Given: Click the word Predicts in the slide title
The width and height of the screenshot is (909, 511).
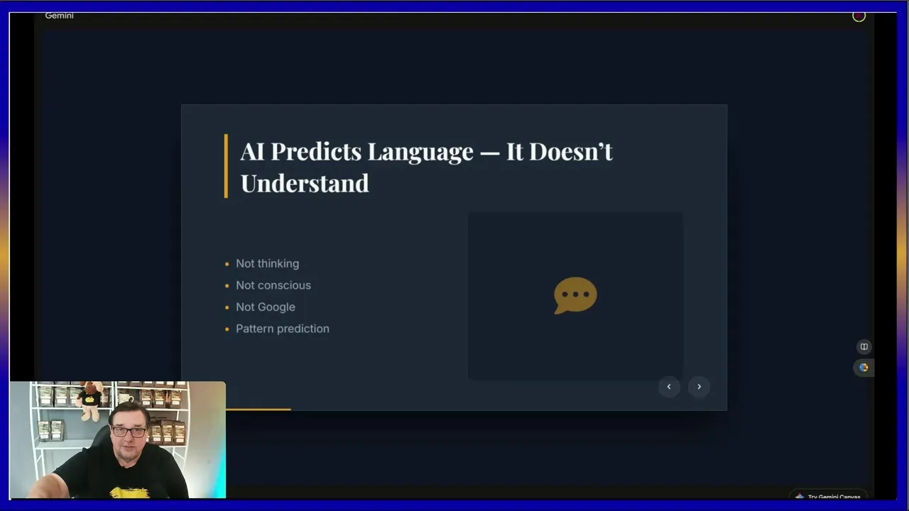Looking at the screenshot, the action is [x=316, y=152].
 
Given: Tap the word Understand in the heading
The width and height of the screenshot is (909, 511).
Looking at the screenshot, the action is [x=305, y=183].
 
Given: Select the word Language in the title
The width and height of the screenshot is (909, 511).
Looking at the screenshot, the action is [x=420, y=153].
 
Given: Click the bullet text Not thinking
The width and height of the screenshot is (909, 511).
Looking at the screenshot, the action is [x=268, y=263].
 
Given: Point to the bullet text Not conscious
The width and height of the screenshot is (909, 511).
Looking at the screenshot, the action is [x=273, y=285].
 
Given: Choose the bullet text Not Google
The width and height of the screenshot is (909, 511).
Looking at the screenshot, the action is [x=266, y=307].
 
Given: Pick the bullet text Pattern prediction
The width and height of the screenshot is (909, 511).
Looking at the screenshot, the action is [x=283, y=329].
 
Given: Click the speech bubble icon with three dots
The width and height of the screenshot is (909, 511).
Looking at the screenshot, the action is [x=575, y=295].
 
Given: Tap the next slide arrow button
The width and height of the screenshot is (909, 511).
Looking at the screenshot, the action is [x=699, y=387].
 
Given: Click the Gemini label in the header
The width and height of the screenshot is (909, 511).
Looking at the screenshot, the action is [x=59, y=16].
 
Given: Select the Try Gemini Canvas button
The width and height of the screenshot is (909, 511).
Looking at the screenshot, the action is [x=828, y=496].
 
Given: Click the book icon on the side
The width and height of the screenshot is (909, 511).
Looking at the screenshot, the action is [x=864, y=347].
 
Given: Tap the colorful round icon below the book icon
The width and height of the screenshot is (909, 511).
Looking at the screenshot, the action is [x=864, y=368].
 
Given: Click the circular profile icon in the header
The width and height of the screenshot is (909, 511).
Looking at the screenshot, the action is [x=859, y=16].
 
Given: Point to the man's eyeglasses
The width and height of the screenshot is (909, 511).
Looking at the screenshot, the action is [x=129, y=432].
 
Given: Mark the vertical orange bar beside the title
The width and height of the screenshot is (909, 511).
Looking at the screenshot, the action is [x=226, y=166].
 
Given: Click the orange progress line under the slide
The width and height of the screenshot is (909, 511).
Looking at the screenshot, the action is [x=258, y=410].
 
